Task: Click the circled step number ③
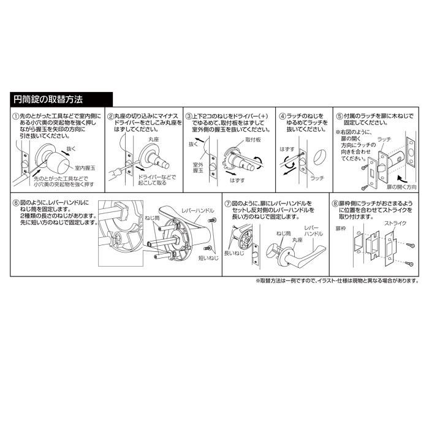pyautogui.click(x=189, y=116)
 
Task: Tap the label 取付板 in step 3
pyautogui.click(x=252, y=140)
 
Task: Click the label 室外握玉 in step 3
pyautogui.click(x=198, y=167)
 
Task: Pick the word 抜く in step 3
pyautogui.click(x=193, y=144)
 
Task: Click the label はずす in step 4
pyautogui.click(x=287, y=149)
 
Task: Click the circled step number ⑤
pyautogui.click(x=338, y=116)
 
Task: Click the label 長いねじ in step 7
pyautogui.click(x=233, y=253)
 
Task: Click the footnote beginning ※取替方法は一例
pyautogui.click(x=336, y=281)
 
